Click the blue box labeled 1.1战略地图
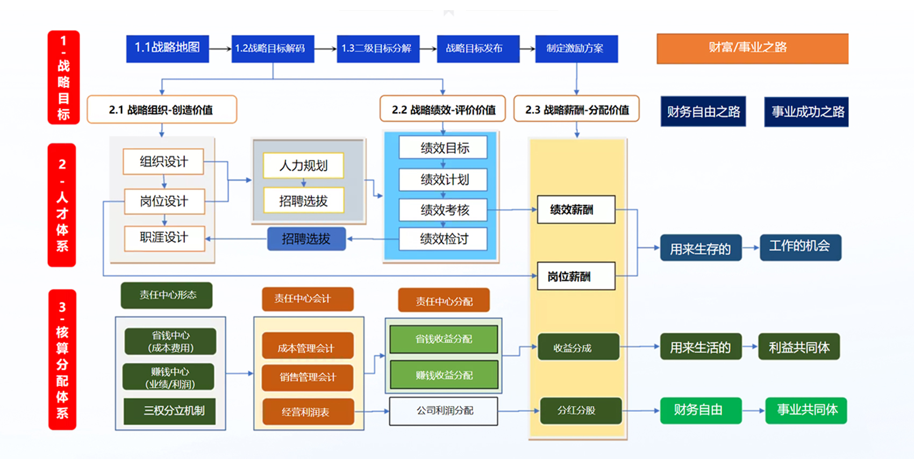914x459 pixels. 167,48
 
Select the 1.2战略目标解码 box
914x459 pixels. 273,48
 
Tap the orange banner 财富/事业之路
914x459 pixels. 752,48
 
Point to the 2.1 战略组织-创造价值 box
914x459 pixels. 161,110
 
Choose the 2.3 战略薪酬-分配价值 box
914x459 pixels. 576,110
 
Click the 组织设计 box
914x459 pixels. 163,162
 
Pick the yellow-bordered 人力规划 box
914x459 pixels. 303,166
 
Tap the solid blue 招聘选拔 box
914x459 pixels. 306,239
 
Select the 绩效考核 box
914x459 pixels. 443,210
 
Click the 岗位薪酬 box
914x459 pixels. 576,276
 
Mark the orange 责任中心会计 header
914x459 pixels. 308,299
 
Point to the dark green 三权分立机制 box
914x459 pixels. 170,411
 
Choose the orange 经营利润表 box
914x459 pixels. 308,412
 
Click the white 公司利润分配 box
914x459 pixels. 444,411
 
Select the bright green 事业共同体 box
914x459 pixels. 806,411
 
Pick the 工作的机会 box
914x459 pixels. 800,247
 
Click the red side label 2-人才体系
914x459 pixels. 62,205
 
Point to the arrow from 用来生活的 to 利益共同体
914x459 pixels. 751,347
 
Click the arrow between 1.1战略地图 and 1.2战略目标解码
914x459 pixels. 220,49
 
